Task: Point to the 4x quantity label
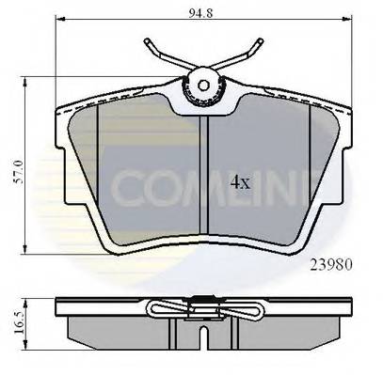point(243,180)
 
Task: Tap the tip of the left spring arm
point(149,40)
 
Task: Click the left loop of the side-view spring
point(157,307)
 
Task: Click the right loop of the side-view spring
point(248,307)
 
